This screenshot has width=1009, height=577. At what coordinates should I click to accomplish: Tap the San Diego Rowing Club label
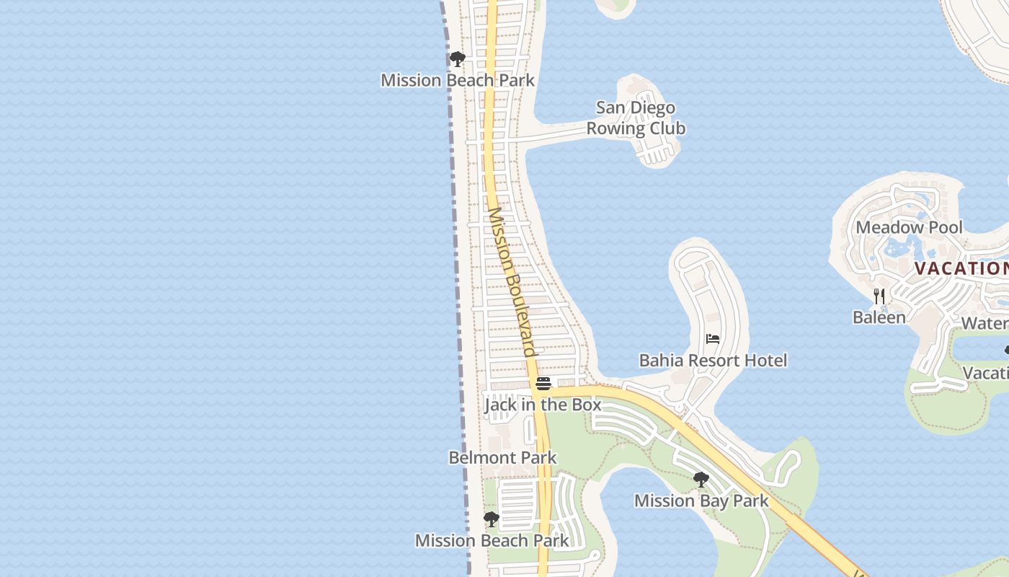636,118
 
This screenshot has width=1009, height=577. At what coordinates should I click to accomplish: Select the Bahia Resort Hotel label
713,360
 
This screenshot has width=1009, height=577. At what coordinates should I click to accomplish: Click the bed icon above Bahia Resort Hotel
713,338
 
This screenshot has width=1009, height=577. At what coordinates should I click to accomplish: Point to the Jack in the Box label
543,405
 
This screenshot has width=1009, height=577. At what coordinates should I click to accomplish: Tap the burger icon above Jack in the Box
543,383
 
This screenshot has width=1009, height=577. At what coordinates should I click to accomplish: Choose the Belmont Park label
502,457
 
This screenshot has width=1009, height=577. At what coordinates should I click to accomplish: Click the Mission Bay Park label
701,501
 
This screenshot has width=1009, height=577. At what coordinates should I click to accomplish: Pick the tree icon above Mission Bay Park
701,480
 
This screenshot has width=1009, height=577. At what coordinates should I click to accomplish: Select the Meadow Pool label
909,227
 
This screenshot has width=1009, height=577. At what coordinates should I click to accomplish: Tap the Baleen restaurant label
879,317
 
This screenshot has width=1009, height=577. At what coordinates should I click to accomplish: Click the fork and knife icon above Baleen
879,296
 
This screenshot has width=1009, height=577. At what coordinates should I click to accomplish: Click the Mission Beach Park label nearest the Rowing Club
458,80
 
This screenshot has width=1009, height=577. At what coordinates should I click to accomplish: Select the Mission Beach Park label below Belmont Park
492,540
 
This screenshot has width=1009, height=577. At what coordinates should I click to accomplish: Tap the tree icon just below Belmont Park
491,519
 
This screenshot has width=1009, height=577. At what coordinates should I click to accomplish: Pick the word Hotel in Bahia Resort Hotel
765,360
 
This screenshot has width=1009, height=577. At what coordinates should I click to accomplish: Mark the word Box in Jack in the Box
586,405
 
